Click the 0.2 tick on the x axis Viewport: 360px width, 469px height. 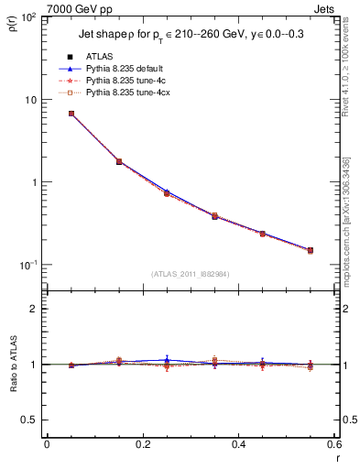coord(142,444)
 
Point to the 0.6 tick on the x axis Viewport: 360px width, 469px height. coord(335,444)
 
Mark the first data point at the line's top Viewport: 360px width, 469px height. coord(71,114)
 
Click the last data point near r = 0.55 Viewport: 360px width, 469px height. coord(311,250)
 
